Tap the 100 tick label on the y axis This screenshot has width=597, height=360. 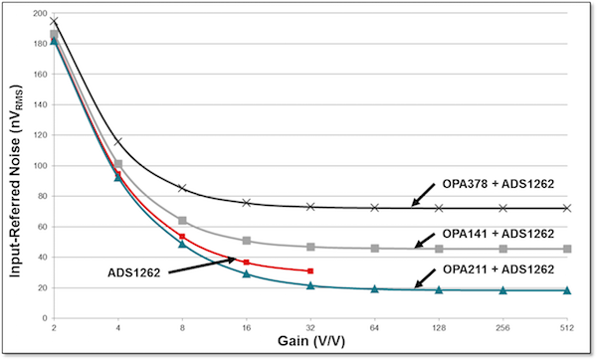[38, 167]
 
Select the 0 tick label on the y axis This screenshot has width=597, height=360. [43, 318]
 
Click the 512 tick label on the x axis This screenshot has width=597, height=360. [567, 326]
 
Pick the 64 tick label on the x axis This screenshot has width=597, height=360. [375, 326]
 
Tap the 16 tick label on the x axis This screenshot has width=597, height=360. [247, 326]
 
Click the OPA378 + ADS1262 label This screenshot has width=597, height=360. [499, 184]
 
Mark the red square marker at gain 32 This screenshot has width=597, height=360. [310, 270]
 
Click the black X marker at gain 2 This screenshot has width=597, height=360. [54, 21]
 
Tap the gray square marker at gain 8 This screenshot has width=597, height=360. [182, 221]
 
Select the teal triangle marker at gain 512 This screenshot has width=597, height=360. [567, 290]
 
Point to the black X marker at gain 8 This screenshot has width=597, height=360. [182, 188]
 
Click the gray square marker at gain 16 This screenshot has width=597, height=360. [247, 241]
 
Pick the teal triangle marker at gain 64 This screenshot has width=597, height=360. [375, 289]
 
